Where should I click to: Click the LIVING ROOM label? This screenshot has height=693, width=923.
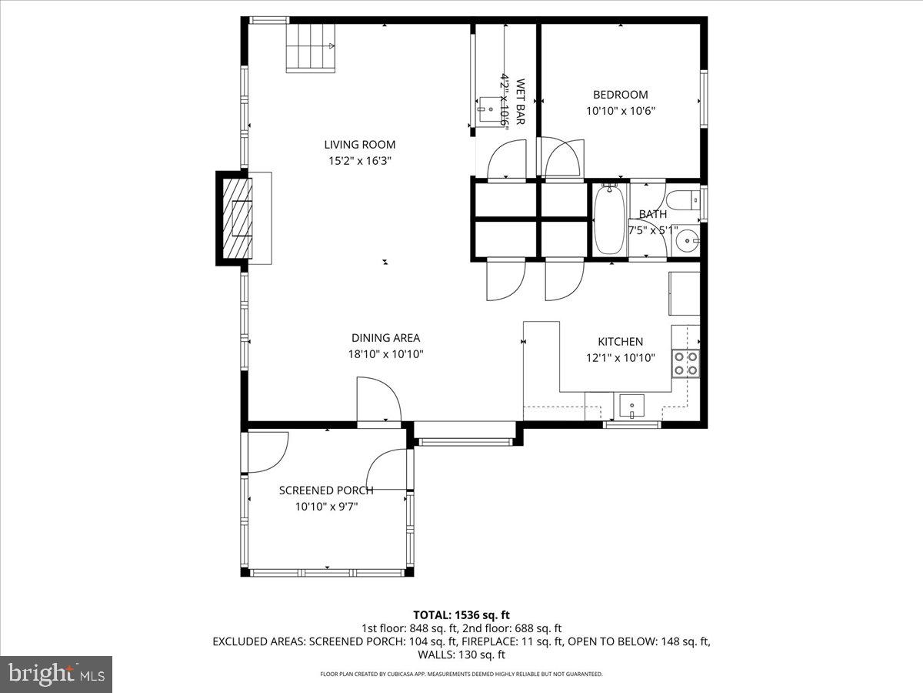point(359,144)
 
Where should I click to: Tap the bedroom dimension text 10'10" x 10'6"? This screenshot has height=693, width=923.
point(621,110)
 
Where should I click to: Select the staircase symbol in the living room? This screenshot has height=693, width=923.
point(312,48)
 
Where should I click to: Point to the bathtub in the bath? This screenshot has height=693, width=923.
point(609,219)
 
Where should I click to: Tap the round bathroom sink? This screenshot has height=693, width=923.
point(684,243)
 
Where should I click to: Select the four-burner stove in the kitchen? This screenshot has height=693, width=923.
point(685,363)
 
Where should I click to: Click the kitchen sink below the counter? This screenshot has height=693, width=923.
point(631,404)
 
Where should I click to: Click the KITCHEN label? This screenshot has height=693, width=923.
point(621,341)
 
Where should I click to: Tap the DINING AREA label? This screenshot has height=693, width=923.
point(385,337)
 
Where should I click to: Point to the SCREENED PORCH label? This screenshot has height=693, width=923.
point(326,490)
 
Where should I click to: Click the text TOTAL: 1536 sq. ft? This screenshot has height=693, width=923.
point(461,614)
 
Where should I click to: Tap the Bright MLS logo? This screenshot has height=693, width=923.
point(56,675)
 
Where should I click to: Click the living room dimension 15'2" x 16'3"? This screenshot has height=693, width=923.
point(359,161)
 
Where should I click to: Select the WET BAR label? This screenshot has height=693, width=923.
point(521,102)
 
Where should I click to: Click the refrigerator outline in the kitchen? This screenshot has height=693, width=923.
point(684,293)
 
